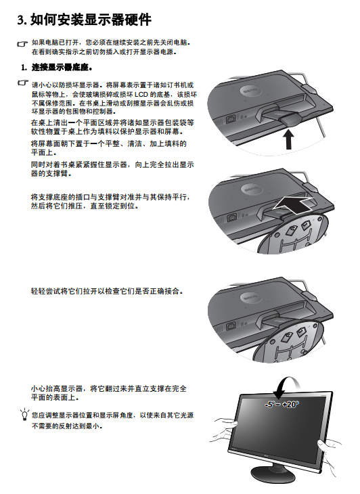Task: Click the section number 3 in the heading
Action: pos(22,20)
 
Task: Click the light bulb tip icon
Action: pos(24,414)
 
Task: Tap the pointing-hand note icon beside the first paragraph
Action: pos(22,44)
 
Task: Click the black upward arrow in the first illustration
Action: pos(288,139)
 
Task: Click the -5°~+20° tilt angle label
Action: pos(282,404)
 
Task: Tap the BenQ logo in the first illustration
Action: pos(250,91)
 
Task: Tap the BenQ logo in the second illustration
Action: pos(252,189)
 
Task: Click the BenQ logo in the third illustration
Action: pos(250,298)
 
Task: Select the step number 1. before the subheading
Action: pos(24,68)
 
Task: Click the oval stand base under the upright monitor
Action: pos(273,474)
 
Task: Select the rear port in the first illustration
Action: pos(231,118)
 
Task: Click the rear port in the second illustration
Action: pos(232,217)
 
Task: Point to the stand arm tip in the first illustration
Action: pos(288,119)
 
